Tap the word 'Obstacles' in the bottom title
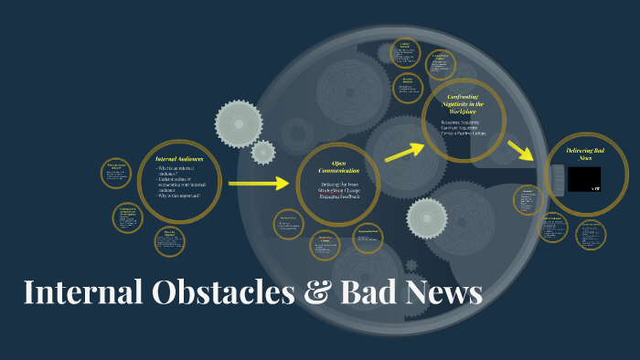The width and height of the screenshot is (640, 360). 209,292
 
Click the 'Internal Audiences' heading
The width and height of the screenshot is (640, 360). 179,159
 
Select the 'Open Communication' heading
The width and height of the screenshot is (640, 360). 338,168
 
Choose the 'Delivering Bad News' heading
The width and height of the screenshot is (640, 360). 585,153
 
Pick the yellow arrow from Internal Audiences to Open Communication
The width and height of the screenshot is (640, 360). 258,184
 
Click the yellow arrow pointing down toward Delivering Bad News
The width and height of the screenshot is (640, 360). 520,149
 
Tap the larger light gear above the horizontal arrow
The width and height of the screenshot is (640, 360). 239,122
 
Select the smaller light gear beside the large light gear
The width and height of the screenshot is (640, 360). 263,152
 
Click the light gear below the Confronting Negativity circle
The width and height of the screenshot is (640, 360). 427,217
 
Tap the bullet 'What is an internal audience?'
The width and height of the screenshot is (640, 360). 179,171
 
